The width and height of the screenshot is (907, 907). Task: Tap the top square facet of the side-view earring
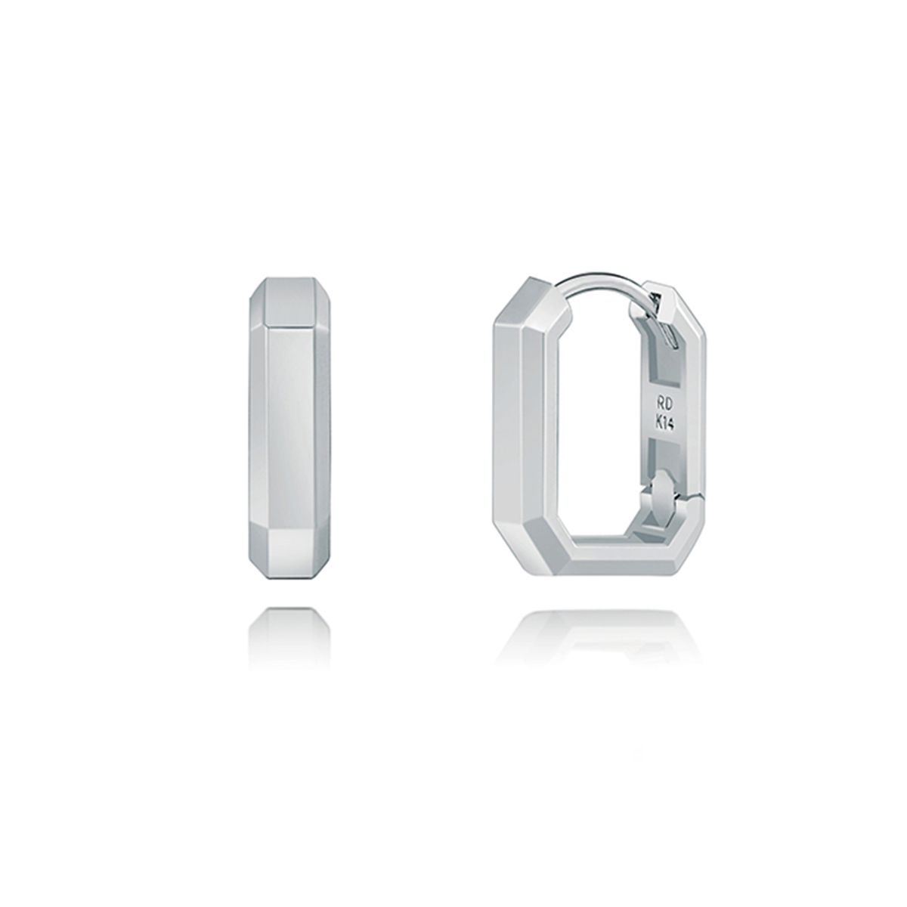coord(288,302)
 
